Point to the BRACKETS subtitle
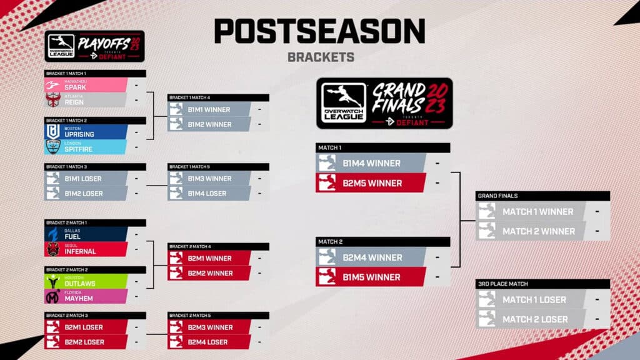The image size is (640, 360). [x=321, y=57]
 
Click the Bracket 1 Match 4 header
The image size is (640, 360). [x=218, y=97]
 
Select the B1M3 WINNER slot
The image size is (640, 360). [x=209, y=179]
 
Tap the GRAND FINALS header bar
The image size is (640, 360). [x=542, y=196]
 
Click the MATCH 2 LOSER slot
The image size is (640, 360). [x=535, y=319]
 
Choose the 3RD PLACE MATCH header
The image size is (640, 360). [x=542, y=284]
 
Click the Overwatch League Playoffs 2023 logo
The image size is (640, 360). [x=95, y=46]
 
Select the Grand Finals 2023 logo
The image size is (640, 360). [x=384, y=103]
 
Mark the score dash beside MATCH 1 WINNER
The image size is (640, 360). [x=597, y=211]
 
